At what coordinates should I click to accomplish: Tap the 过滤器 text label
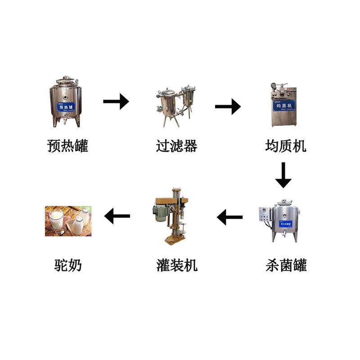pos(176,146)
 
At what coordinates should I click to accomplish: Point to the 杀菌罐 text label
pos(286,265)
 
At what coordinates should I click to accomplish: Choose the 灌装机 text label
pos(176,265)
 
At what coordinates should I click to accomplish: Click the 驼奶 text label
pos(67,265)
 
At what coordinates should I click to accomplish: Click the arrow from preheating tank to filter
pos(116,101)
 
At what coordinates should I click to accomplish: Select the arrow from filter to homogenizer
pos(228,107)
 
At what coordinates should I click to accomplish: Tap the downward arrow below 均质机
pos(283,175)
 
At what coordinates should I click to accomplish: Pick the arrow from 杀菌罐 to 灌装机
pos(229,217)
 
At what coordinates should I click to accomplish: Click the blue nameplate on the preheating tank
pos(66,107)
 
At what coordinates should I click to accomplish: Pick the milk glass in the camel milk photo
pos(56,219)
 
